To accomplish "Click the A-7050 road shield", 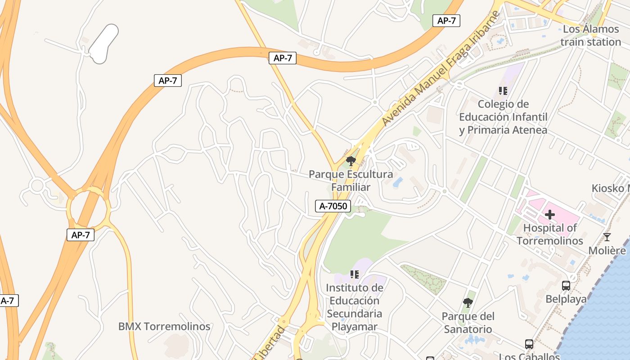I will pyautogui.click(x=333, y=206).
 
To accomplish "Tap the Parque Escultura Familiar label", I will pyautogui.click(x=351, y=180).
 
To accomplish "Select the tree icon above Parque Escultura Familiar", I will pyautogui.click(x=351, y=161).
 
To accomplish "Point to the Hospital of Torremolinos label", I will pyautogui.click(x=549, y=234).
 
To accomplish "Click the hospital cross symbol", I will pyautogui.click(x=549, y=215).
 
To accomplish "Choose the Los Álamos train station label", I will pyautogui.click(x=591, y=36).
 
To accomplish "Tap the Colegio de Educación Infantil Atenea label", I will pyautogui.click(x=503, y=117).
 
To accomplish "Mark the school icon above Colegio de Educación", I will pyautogui.click(x=503, y=91).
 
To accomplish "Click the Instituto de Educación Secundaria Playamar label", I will pyautogui.click(x=355, y=307).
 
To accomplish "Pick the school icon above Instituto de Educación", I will pyautogui.click(x=355, y=274).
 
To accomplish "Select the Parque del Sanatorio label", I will pyautogui.click(x=468, y=323).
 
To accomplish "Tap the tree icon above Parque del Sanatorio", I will pyautogui.click(x=468, y=303).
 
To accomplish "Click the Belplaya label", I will pyautogui.click(x=566, y=299).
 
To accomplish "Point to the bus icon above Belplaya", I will pyautogui.click(x=566, y=285).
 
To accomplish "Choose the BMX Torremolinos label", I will pyautogui.click(x=164, y=326).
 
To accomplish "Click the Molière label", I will pyautogui.click(x=607, y=251).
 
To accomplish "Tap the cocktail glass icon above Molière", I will pyautogui.click(x=607, y=237).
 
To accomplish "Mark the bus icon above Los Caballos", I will pyautogui.click(x=529, y=345).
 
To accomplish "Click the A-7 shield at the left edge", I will pyautogui.click(x=8, y=301).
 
